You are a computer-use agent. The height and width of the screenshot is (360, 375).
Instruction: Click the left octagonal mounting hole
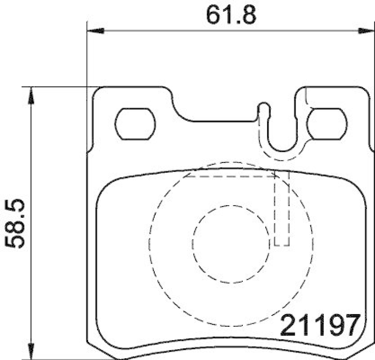[135, 123]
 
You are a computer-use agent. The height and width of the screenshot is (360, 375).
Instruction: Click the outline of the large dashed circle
[151, 244]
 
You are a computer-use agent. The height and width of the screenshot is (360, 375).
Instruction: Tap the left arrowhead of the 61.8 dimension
[94, 31]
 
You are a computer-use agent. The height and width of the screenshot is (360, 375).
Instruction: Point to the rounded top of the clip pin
[264, 106]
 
